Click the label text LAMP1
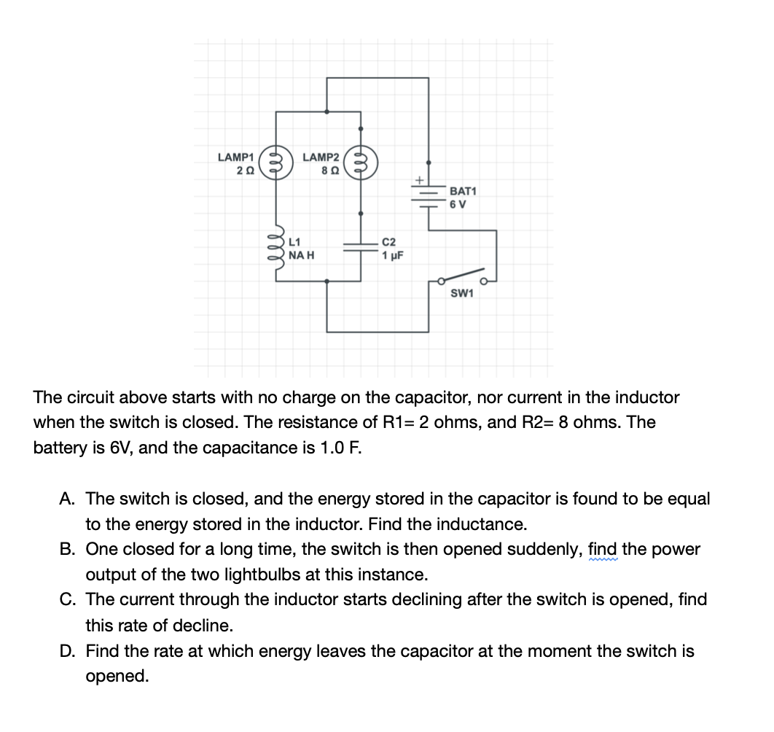(235, 157)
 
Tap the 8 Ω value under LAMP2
(328, 171)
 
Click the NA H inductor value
(301, 255)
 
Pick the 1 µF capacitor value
(392, 255)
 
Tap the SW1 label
(461, 294)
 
